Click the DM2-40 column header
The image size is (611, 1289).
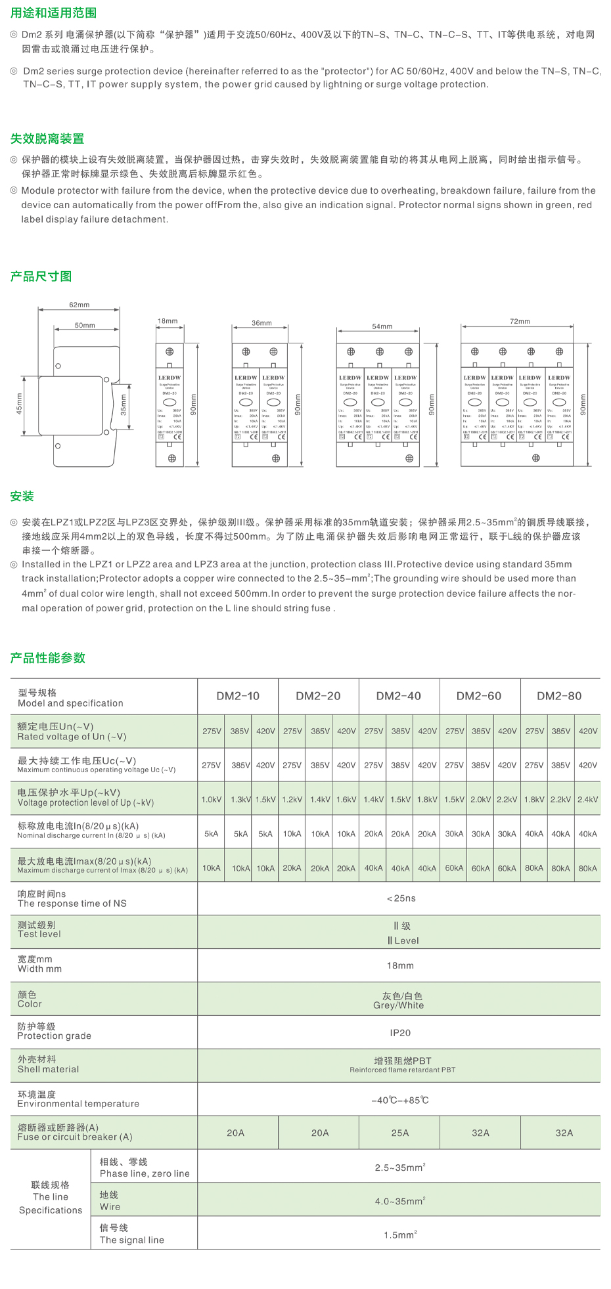(x=398, y=696)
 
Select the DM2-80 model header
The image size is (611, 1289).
(x=559, y=696)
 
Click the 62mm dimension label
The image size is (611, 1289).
(x=79, y=305)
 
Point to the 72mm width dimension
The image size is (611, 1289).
(x=520, y=321)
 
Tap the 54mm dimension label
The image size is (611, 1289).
(x=382, y=326)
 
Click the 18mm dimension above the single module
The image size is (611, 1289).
(x=168, y=321)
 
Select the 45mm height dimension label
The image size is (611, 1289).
(x=19, y=404)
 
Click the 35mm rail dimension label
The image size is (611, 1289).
(x=124, y=405)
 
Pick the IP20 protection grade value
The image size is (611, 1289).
(x=400, y=1033)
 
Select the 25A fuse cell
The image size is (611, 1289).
(x=400, y=1133)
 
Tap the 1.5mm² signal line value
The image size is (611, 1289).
(x=400, y=1234)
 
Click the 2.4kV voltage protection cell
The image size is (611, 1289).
(x=587, y=799)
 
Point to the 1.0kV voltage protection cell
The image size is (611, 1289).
(x=212, y=799)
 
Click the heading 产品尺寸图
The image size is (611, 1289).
(x=41, y=276)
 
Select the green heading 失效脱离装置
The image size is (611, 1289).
(x=47, y=139)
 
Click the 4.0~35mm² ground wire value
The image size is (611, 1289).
(x=400, y=1201)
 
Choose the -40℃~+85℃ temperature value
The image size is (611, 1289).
(x=400, y=1100)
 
